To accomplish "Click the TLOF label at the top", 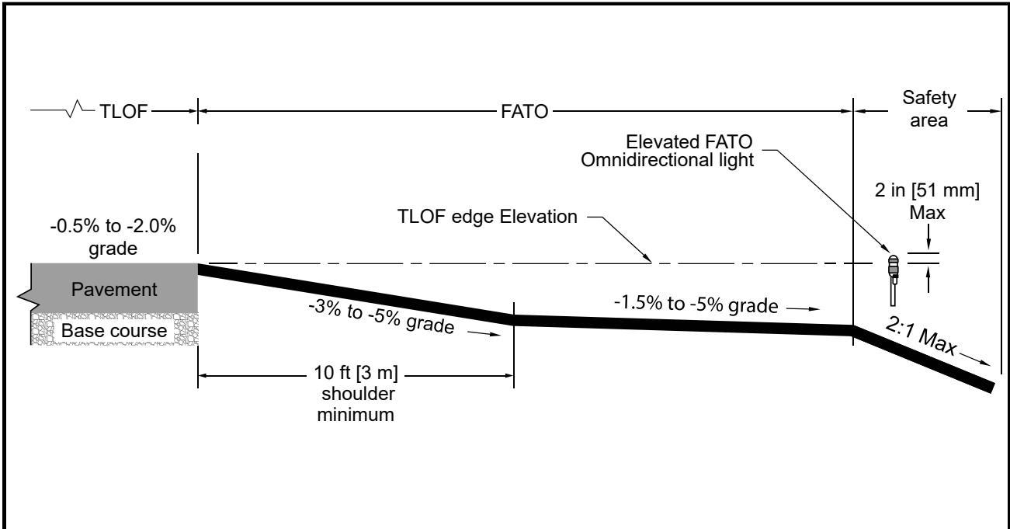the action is [x=123, y=111].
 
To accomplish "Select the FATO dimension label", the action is [x=524, y=111].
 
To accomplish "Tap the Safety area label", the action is [x=928, y=109].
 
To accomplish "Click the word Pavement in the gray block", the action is [x=114, y=289].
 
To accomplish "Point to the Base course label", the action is [x=114, y=330].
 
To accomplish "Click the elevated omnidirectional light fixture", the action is [x=894, y=280].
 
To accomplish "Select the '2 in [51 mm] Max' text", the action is [x=927, y=201].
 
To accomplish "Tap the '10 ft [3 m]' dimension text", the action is [x=356, y=373].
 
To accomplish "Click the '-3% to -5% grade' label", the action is [x=381, y=317].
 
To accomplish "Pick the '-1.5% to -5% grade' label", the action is [x=696, y=304].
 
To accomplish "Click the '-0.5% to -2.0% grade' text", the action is [x=113, y=237].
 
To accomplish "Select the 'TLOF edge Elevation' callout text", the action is [x=487, y=217].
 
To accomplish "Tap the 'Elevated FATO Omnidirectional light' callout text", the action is [x=668, y=151].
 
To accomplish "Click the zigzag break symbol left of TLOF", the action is [x=75, y=109].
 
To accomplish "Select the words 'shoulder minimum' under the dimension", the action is [x=356, y=404].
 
